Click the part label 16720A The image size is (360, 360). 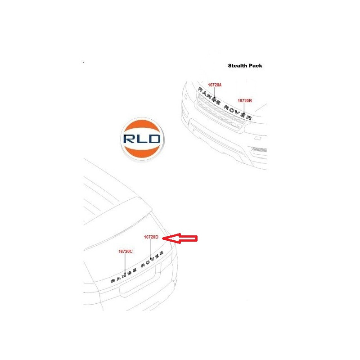(x=215, y=85)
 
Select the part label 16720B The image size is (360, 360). (x=245, y=100)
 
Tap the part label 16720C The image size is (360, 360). (x=126, y=252)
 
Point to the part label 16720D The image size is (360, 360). (x=151, y=237)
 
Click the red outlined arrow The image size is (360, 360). (x=180, y=238)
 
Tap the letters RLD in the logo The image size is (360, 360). (x=142, y=139)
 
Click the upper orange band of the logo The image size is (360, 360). (x=142, y=127)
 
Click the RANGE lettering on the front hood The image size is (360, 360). (x=209, y=96)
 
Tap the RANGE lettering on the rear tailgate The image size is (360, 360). (x=123, y=275)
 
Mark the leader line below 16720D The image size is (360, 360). (x=151, y=249)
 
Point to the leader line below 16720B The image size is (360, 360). (x=244, y=108)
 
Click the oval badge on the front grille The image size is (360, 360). (x=234, y=125)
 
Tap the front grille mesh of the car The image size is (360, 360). (x=220, y=112)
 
